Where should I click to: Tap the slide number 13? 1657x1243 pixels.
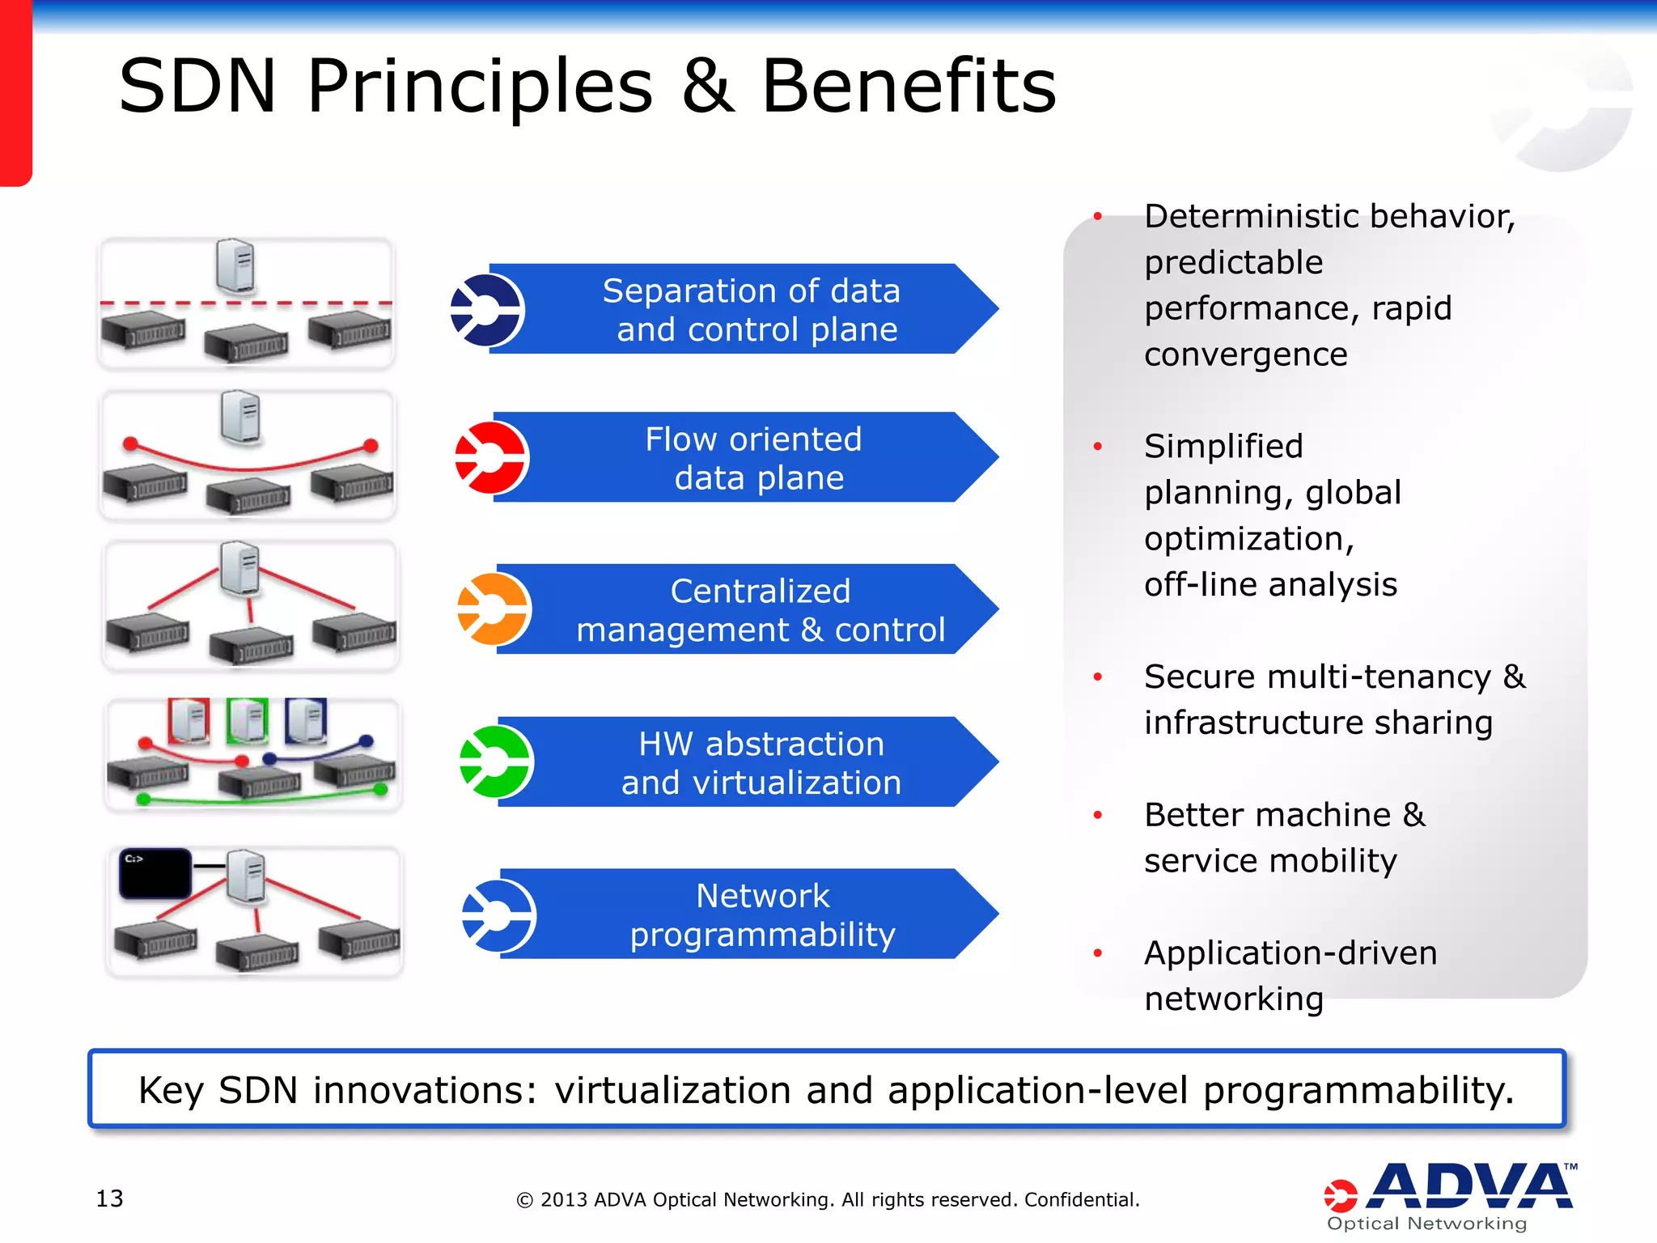tap(109, 1198)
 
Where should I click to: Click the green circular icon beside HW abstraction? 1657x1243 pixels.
tap(495, 761)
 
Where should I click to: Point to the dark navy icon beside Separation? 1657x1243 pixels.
tap(487, 310)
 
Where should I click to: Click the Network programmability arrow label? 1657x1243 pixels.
tap(762, 914)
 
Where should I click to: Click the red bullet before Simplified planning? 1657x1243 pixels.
tap(1098, 447)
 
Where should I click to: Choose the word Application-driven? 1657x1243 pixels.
tap(1290, 953)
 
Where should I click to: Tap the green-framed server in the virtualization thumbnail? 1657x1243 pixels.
tap(248, 720)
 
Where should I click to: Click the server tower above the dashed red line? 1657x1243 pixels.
tap(235, 265)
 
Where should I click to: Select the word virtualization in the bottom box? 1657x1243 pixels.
tap(672, 1090)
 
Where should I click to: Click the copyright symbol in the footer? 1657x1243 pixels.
tap(524, 1201)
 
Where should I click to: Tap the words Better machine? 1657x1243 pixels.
tap(1267, 815)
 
